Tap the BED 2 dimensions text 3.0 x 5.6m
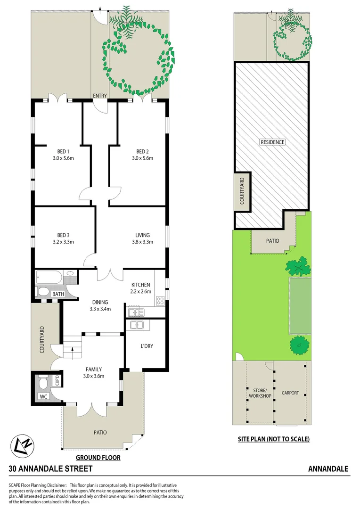(142, 158)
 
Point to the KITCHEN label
(141, 285)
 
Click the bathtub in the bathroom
(49, 276)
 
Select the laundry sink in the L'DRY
(137, 325)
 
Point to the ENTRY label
(100, 96)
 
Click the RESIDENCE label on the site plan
(272, 142)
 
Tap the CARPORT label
(290, 393)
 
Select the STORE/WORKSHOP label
(260, 393)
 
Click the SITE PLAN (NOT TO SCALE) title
(273, 439)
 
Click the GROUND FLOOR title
(98, 457)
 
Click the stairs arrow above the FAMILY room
(73, 349)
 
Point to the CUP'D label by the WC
(57, 380)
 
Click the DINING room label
(100, 302)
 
